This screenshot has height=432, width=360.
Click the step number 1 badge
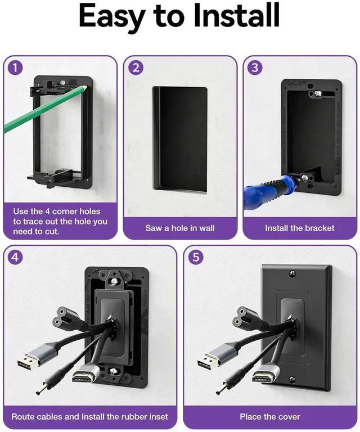(x=15, y=67)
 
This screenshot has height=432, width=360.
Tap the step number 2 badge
(x=136, y=67)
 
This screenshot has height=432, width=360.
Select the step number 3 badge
(x=255, y=67)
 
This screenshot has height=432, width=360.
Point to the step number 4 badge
(x=15, y=257)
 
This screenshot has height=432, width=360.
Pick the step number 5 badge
(x=196, y=257)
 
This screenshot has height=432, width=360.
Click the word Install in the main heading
(x=237, y=15)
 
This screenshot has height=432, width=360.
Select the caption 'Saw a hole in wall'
(x=180, y=228)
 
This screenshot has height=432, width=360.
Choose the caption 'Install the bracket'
(x=300, y=228)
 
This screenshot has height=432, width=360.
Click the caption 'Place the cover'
(x=270, y=417)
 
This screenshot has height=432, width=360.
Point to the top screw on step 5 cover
(x=293, y=274)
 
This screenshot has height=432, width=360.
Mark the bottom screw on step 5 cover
(x=292, y=380)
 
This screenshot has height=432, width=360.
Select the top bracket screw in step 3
(x=318, y=93)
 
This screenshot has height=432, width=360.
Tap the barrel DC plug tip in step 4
(x=39, y=391)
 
